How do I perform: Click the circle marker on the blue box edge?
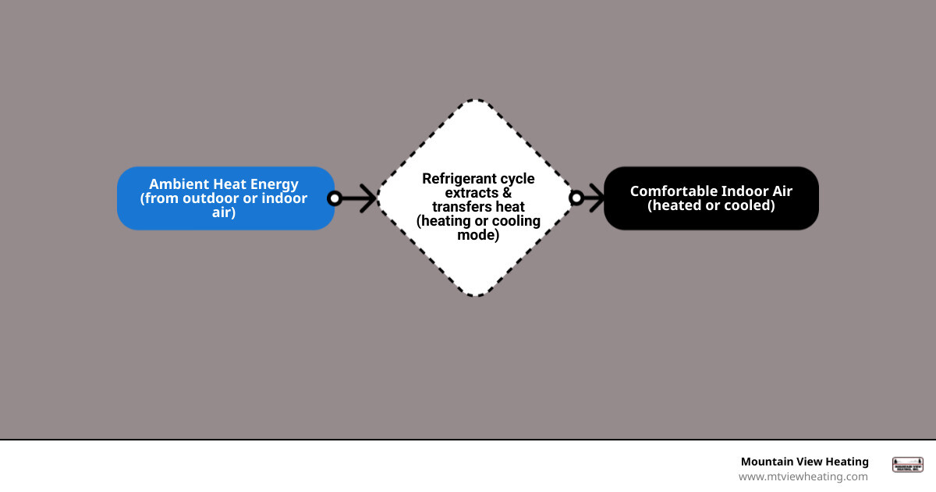tap(335, 198)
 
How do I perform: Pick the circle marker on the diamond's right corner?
tap(576, 198)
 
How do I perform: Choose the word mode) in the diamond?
tap(478, 235)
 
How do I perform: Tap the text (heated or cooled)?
tap(711, 206)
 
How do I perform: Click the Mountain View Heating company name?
tap(804, 462)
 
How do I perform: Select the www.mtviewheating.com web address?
tap(803, 476)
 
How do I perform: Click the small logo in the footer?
tap(907, 465)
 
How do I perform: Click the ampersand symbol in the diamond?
tap(507, 193)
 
